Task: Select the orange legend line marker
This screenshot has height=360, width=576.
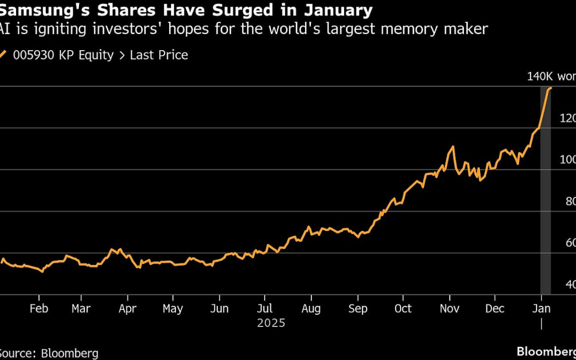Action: tap(3, 54)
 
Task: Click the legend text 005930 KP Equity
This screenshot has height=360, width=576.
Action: tap(64, 55)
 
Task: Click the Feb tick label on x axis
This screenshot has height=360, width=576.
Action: tap(39, 309)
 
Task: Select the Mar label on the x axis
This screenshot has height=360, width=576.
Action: tap(81, 309)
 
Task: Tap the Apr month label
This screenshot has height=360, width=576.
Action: tap(127, 309)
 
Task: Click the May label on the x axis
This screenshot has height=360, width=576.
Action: tap(172, 309)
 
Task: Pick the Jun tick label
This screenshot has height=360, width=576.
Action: tap(219, 309)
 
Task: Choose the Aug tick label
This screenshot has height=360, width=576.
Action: tap(311, 309)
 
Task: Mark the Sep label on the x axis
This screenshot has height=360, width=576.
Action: tap(357, 309)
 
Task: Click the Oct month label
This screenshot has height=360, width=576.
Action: tap(403, 309)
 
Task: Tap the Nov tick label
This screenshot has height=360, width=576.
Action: tap(450, 309)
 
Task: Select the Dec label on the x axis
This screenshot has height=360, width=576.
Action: tap(495, 309)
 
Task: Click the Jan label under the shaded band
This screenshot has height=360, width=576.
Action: tap(541, 309)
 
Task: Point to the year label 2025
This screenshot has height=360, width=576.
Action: tap(271, 323)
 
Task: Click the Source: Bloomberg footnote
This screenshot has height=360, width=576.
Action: tap(49, 353)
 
